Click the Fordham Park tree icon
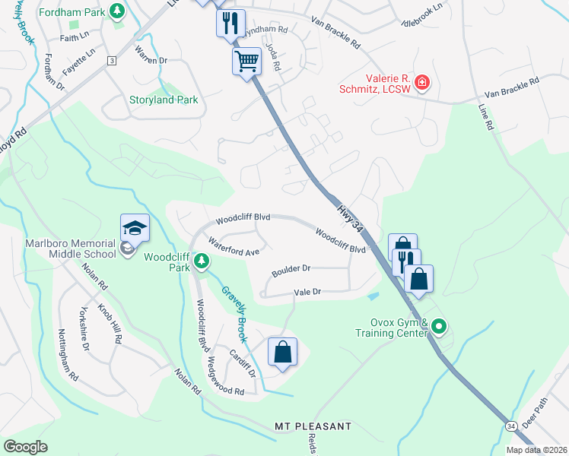117,11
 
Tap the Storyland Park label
163,100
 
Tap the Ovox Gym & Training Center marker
438,327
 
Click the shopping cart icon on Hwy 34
246,61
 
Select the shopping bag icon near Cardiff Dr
282,352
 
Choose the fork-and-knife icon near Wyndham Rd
231,23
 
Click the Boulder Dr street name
291,268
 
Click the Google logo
25,446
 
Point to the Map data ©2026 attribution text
536,450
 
